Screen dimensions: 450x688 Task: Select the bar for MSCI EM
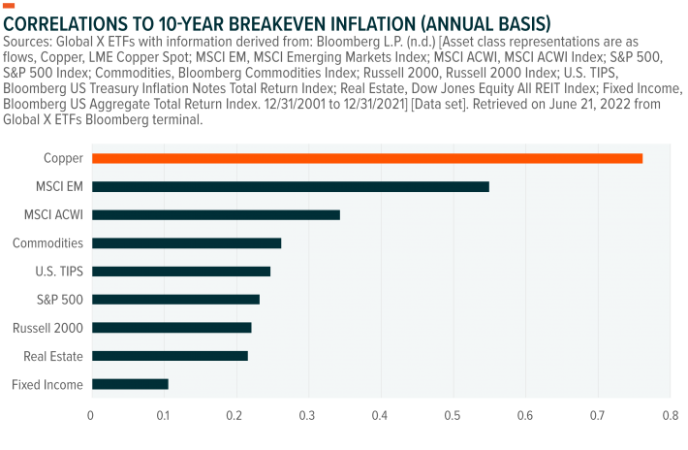(x=290, y=186)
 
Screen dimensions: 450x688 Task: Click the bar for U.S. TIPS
(x=180, y=272)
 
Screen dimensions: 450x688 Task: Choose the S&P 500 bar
(x=174, y=300)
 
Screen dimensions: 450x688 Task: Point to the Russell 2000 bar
(x=171, y=328)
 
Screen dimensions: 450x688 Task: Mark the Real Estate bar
(x=169, y=356)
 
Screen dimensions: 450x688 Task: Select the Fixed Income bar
(x=129, y=384)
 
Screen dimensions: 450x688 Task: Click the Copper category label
(x=63, y=158)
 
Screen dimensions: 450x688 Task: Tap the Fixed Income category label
(x=47, y=385)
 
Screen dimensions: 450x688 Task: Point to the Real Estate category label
(x=52, y=357)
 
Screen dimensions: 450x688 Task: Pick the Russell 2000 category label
(x=47, y=328)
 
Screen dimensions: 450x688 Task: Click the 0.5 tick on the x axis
(x=453, y=416)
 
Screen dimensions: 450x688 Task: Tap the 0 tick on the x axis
(x=91, y=416)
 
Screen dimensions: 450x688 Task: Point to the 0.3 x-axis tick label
(x=308, y=416)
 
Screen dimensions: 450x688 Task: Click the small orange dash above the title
(x=10, y=5)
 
